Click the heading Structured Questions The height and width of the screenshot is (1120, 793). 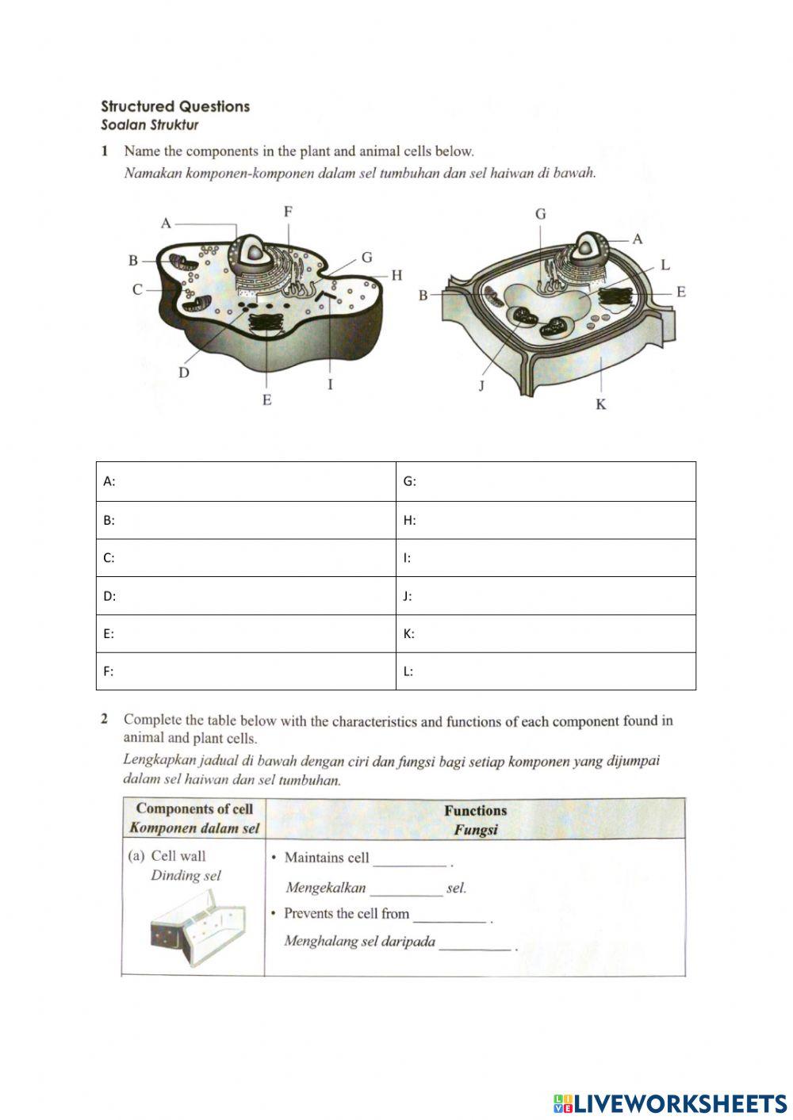[174, 106]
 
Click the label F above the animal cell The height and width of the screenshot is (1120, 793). [288, 212]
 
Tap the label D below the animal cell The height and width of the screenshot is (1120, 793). [184, 373]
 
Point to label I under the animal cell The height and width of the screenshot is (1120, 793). [330, 385]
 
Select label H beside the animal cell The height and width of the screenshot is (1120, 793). [396, 275]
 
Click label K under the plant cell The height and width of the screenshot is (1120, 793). [600, 405]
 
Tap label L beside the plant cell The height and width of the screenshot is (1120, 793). [665, 265]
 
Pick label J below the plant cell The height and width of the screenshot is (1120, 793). [481, 386]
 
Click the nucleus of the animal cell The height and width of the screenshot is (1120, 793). [255, 252]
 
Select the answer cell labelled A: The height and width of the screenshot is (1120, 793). [246, 481]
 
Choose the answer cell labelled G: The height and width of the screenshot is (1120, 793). [546, 481]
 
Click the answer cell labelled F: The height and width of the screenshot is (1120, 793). [246, 671]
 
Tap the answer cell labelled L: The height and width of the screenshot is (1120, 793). [546, 671]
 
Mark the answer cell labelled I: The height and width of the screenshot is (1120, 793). [546, 558]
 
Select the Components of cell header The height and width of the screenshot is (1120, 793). [194, 819]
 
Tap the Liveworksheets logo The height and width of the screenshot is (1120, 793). [670, 1103]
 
